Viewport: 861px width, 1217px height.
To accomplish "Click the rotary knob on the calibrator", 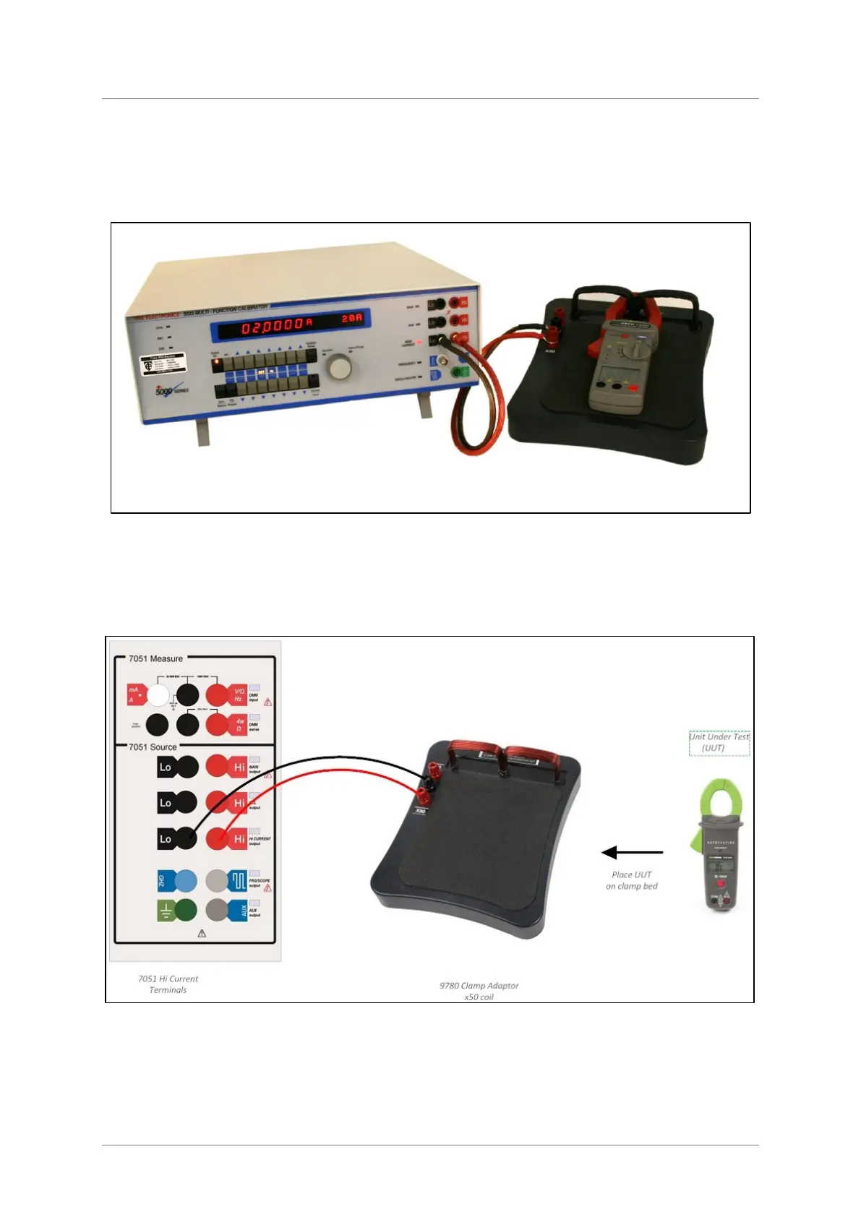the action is point(339,368).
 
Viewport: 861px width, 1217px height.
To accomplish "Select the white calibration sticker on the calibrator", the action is point(163,364).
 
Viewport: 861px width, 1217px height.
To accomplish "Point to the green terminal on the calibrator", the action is point(458,373).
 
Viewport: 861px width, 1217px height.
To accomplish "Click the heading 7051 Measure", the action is point(155,658).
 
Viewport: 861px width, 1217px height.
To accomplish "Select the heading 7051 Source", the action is point(153,747).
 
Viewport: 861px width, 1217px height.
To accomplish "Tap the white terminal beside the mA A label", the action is point(158,694).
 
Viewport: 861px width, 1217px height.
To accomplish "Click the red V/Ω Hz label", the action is point(238,694).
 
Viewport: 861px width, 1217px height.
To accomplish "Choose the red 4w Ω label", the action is point(239,724).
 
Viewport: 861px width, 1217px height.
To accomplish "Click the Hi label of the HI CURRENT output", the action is point(239,839).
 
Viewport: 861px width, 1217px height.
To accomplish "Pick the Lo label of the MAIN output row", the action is point(166,767).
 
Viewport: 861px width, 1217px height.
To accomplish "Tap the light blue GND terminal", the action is point(187,880).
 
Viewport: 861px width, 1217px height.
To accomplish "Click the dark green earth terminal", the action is point(186,910).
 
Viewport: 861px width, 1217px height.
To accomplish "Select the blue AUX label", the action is point(242,911).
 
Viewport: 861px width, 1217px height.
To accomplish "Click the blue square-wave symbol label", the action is point(239,880).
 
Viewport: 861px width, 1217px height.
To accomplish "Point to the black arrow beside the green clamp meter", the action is point(632,853).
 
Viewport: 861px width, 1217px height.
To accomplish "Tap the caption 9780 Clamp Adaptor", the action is point(479,985).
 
